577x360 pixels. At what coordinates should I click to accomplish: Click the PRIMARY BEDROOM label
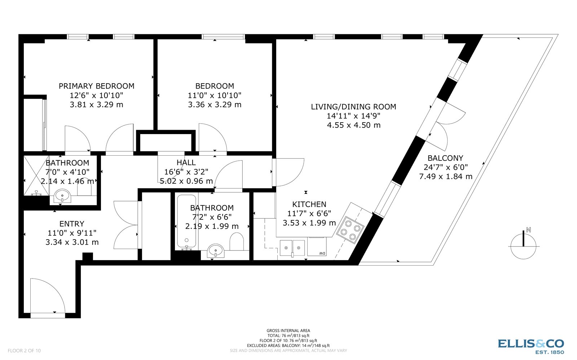point(96,86)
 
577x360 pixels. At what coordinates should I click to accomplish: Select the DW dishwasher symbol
point(322,253)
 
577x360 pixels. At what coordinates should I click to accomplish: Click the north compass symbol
point(524,245)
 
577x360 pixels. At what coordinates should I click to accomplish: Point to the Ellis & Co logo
point(531,346)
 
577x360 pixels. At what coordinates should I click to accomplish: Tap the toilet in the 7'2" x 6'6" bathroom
point(237,241)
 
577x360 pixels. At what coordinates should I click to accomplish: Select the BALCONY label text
point(445,158)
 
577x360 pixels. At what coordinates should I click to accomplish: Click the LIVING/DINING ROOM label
point(353,107)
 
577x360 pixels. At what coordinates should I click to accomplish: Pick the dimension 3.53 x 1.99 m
point(309,223)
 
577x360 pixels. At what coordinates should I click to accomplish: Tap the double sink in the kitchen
point(292,247)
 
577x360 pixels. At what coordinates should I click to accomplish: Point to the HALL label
point(186,163)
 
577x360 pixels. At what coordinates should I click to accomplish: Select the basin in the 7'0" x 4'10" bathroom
point(63,197)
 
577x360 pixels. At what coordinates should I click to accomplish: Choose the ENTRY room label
point(72,224)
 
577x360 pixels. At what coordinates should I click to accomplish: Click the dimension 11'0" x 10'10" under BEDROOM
point(215,95)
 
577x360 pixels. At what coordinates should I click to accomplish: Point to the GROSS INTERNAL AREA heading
point(288,330)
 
